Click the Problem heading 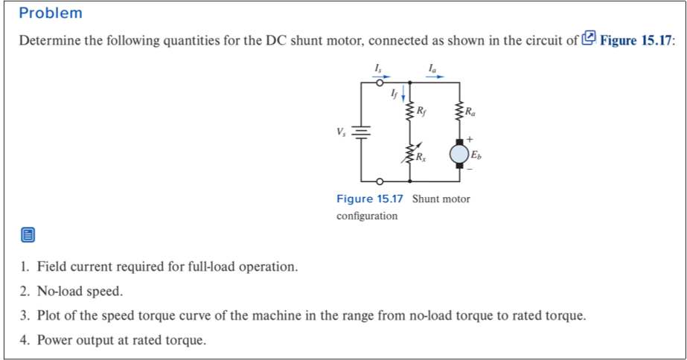[x=51, y=13]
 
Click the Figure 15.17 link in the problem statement [x=637, y=40]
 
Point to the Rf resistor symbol [x=409, y=112]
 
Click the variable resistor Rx [x=409, y=154]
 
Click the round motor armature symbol [x=459, y=154]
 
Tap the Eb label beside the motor [x=476, y=155]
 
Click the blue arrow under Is [x=381, y=75]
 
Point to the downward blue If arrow [x=403, y=94]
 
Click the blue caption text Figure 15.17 [x=369, y=199]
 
